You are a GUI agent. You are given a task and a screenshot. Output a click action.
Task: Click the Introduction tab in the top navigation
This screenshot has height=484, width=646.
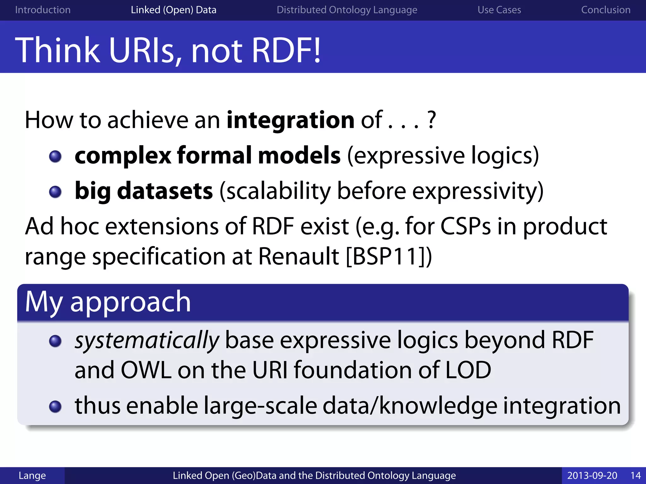[x=43, y=10]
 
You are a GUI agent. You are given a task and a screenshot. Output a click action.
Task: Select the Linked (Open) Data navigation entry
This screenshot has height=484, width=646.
[x=173, y=10]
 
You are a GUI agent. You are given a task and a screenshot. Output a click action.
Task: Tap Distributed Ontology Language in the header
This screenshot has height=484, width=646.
[x=347, y=10]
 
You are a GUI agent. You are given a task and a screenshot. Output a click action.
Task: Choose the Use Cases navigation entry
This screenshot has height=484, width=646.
[x=499, y=10]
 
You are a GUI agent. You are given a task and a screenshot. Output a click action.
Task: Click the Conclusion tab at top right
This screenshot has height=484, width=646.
[x=606, y=10]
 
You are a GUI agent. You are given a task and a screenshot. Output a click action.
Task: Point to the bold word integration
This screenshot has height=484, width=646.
[x=290, y=120]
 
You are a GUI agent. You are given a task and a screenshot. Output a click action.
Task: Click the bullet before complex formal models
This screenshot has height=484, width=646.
[x=56, y=156]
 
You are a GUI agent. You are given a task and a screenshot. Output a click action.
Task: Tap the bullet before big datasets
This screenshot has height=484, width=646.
[x=56, y=192]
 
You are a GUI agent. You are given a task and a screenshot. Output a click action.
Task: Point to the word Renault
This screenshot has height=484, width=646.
[x=298, y=256]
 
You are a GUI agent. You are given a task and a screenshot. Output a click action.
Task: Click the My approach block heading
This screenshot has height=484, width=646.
[x=108, y=302]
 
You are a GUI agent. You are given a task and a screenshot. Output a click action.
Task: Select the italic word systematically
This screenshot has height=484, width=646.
[x=147, y=341]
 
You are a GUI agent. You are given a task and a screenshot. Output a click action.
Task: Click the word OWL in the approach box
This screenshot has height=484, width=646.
[x=146, y=370]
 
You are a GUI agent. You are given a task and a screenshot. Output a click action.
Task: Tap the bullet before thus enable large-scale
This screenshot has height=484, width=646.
[x=56, y=406]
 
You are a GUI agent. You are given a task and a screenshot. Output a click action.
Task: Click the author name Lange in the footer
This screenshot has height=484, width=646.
[x=32, y=475]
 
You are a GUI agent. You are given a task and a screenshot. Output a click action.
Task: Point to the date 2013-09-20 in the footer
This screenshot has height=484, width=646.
[x=592, y=475]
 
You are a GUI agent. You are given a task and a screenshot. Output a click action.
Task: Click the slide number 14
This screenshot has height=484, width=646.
[x=635, y=475]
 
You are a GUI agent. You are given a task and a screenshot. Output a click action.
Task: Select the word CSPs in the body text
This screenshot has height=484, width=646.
[x=465, y=226]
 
